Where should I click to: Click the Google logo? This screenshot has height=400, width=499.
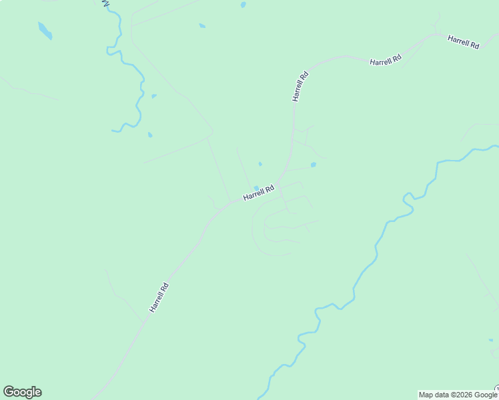[x=23, y=392]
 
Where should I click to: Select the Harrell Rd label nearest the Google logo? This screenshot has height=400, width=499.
[x=159, y=298]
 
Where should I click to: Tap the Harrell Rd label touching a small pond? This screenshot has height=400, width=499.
[x=259, y=193]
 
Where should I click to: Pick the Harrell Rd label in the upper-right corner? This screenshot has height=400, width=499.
[x=464, y=43]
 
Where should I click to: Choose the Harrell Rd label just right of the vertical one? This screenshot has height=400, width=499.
[x=386, y=61]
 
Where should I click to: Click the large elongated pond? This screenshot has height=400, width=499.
[x=45, y=31]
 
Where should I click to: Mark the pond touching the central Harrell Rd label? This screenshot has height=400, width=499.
[x=256, y=188]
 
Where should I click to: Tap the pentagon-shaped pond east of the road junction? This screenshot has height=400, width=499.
[x=313, y=165]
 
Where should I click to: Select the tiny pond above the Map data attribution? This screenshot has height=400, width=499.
[x=490, y=340]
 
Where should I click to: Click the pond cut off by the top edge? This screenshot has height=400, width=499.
[x=243, y=4]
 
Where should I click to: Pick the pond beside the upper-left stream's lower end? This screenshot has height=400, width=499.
[x=149, y=135]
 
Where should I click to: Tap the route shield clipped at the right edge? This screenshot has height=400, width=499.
[x=497, y=389]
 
